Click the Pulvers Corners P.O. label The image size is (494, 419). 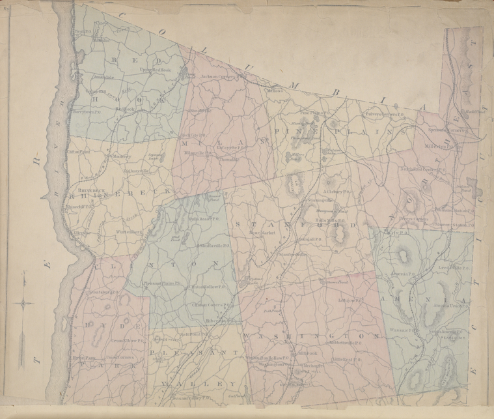tap(366, 114)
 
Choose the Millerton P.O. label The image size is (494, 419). tap(442, 147)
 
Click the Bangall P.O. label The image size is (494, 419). tap(312, 239)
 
